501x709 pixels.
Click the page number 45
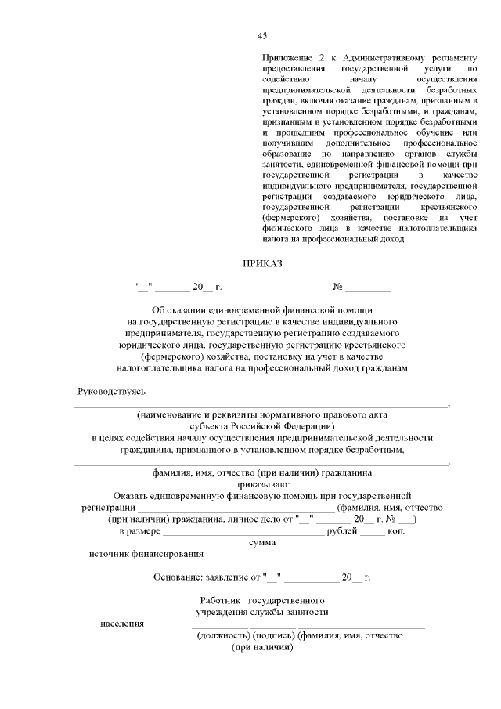[x=262, y=35]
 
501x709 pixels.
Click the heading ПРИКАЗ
[x=262, y=264]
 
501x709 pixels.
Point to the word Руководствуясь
[x=110, y=391]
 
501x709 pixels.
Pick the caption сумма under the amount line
[x=261, y=542]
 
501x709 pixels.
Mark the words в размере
[x=139, y=531]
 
